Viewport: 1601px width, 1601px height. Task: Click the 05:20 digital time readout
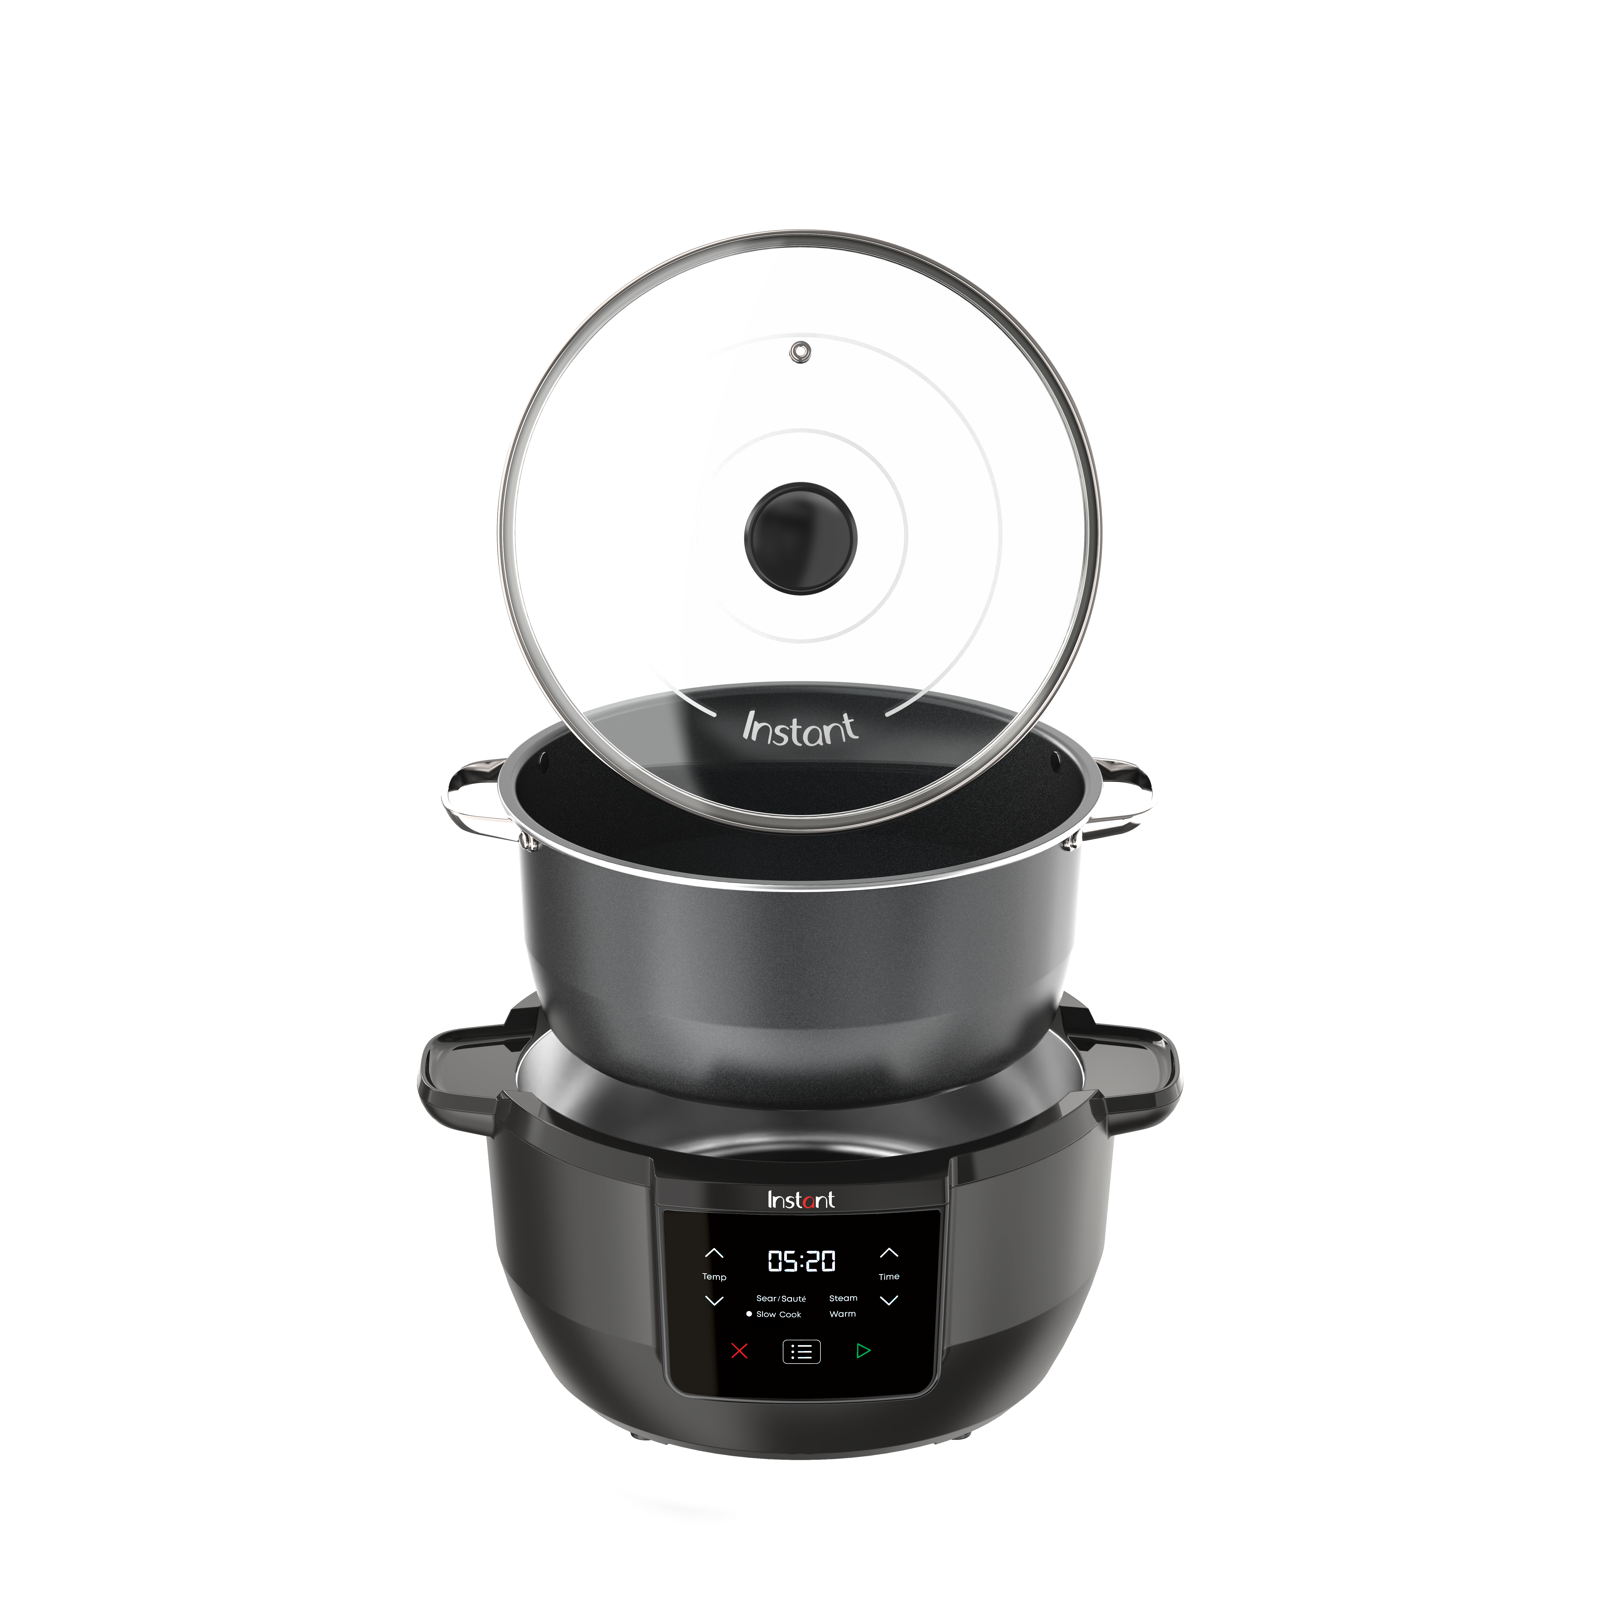pyautogui.click(x=801, y=1261)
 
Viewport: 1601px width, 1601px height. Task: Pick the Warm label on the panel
pyautogui.click(x=843, y=1313)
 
